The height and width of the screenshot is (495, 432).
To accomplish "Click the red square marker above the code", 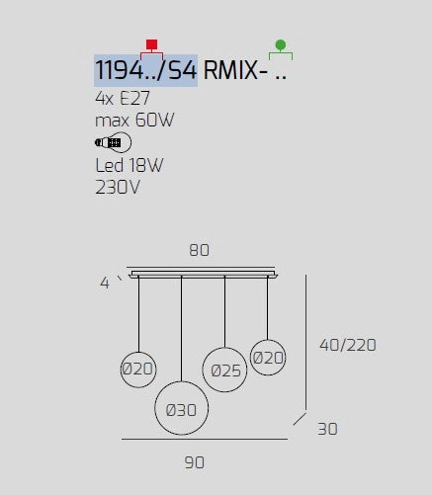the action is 151,44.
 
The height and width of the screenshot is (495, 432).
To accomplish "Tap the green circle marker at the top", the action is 281,44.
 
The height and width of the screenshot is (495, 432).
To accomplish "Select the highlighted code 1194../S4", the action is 145,70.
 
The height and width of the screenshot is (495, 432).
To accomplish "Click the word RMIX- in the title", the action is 235,70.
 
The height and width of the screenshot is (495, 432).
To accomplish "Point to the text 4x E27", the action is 123,98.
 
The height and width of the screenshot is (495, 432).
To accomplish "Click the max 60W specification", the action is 134,120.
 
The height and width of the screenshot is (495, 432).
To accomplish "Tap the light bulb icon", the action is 113,142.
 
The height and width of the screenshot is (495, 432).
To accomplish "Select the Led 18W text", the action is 130,165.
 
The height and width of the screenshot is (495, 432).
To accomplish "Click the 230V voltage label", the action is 118,188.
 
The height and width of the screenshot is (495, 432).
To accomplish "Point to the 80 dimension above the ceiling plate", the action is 199,250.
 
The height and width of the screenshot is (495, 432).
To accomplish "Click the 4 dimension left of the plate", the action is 105,283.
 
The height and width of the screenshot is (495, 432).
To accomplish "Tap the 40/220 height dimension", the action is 348,345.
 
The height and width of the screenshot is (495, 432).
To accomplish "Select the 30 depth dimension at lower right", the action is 327,429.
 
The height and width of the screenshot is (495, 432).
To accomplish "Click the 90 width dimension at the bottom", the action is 195,462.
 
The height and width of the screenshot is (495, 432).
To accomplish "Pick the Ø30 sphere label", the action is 181,410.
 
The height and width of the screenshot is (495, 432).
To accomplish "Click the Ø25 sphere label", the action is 226,371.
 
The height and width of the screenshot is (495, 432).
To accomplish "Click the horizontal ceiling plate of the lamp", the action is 204,275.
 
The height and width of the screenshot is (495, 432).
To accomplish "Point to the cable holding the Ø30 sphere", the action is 181,329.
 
